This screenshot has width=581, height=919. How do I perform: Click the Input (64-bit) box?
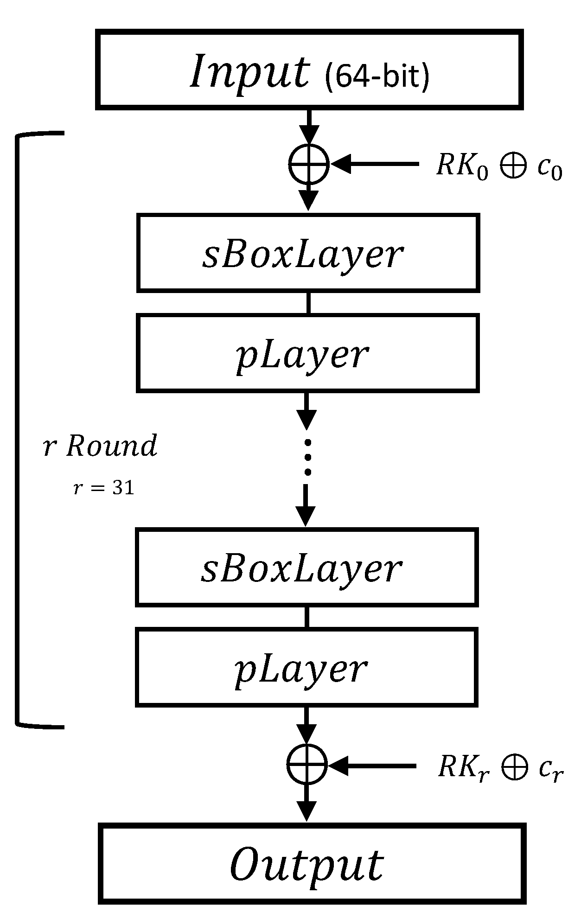pos(309,70)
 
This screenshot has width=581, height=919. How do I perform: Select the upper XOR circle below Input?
pos(309,164)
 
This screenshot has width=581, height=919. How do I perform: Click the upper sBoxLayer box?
pos(308,253)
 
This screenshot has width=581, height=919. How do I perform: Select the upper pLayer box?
pos(308,353)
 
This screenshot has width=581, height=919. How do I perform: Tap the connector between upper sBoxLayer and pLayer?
pos(308,303)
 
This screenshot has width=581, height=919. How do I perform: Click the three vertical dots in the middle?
pos(307,457)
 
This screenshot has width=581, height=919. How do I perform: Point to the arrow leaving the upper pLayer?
pos(306,411)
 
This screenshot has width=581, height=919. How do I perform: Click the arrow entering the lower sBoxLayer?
pos(306,505)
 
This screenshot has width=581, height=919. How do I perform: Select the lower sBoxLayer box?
pos(306,567)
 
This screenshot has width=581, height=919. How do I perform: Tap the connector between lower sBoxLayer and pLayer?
pos(306,617)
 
